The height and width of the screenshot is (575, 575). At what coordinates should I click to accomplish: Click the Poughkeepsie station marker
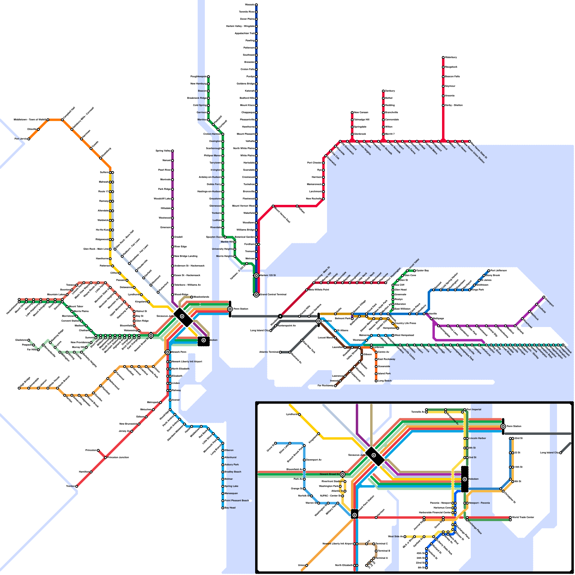208,77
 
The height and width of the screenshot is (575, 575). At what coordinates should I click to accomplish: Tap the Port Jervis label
20,139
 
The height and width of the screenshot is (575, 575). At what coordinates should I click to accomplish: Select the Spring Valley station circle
172,151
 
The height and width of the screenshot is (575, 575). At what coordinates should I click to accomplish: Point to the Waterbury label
451,57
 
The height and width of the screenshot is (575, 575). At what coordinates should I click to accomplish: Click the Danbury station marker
383,91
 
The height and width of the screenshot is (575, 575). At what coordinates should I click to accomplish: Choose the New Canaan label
361,112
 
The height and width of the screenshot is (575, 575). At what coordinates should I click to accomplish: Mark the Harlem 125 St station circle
256,276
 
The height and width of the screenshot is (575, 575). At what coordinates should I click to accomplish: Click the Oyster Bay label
423,271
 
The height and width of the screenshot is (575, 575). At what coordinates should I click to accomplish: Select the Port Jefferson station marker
489,271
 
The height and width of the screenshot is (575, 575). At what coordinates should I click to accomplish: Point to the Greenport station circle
544,297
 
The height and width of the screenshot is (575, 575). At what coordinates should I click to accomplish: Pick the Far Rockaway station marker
335,386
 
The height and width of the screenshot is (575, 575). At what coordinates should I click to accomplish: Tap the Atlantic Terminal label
269,352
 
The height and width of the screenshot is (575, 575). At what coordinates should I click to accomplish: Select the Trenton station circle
77,486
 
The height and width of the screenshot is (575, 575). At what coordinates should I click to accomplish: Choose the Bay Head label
230,508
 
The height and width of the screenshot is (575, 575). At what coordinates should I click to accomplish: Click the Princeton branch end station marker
98,450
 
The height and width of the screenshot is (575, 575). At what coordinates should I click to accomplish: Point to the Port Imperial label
474,410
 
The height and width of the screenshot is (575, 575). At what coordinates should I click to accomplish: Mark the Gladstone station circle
29,340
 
